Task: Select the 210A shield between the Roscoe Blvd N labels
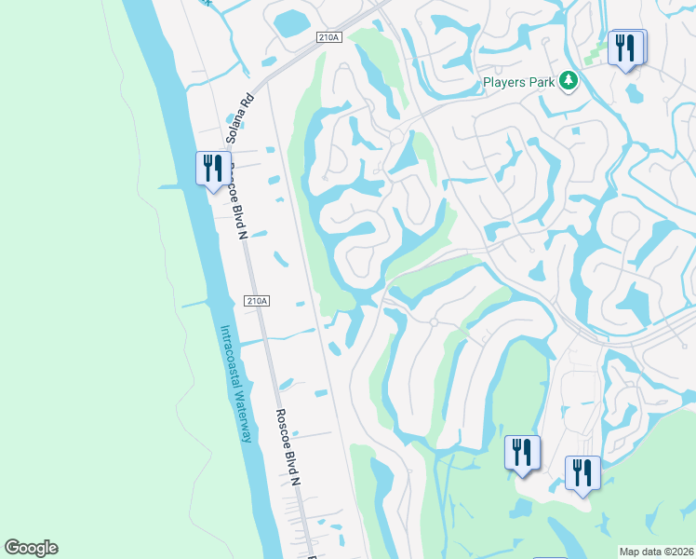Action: pyautogui.click(x=257, y=301)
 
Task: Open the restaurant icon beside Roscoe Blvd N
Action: pyautogui.click(x=213, y=169)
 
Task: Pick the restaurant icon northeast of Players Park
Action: pyautogui.click(x=626, y=47)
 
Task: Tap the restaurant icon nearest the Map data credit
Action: pyautogui.click(x=582, y=472)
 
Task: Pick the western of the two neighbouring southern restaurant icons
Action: pyautogui.click(x=522, y=453)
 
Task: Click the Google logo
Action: pyautogui.click(x=32, y=548)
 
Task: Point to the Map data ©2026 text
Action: pyautogui.click(x=656, y=552)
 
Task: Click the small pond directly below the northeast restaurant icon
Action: pyautogui.click(x=635, y=93)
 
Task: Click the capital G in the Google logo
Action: pyautogui.click(x=13, y=548)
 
